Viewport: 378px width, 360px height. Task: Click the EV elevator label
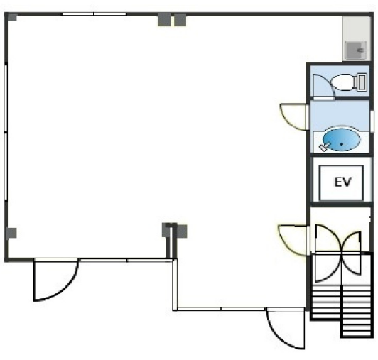pyautogui.click(x=342, y=182)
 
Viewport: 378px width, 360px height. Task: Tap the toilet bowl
pyautogui.click(x=342, y=82)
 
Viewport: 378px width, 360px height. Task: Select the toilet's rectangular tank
pyautogui.click(x=362, y=82)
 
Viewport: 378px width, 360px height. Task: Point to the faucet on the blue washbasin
pyautogui.click(x=323, y=146)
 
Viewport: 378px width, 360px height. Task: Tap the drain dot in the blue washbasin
pyautogui.click(x=342, y=144)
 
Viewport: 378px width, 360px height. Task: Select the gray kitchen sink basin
pyautogui.click(x=356, y=50)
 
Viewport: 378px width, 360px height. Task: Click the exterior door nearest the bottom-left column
pyautogui.click(x=55, y=280)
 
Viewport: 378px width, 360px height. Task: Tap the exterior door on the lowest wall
pyautogui.click(x=286, y=328)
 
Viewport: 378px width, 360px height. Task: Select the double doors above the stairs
pyautogui.click(x=338, y=253)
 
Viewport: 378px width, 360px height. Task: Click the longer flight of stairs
pyautogui.click(x=357, y=311)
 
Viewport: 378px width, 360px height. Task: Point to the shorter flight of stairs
pyautogui.click(x=326, y=302)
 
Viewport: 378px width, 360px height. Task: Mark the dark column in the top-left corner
pyautogui.click(x=12, y=17)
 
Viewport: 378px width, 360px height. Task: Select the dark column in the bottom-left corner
pyautogui.click(x=11, y=233)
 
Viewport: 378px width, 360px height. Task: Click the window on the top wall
pyautogui.click(x=94, y=14)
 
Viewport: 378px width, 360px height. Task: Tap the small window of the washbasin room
pyautogui.click(x=372, y=121)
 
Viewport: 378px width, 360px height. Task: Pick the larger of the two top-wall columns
pyautogui.click(x=164, y=20)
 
